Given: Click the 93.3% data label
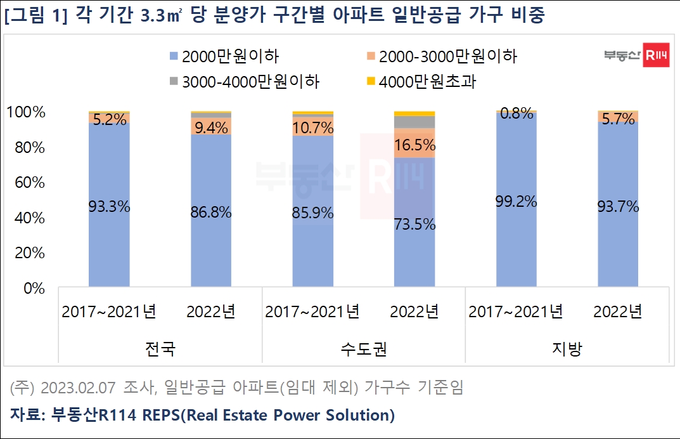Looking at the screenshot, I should point(109,206).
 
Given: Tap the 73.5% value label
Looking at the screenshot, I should point(414,224).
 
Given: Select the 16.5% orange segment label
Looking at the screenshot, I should point(414,145).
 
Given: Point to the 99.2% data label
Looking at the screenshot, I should point(516,202).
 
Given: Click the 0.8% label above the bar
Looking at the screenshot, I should point(516,114).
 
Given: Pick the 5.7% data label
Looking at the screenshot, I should point(618,119).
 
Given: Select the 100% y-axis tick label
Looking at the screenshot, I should point(26,113).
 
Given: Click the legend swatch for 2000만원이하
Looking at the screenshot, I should point(174,57).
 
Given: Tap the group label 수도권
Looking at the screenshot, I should point(364,349).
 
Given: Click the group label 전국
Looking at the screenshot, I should point(160,349).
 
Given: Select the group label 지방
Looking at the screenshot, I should point(567,349).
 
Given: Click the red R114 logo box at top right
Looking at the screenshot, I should point(657,56).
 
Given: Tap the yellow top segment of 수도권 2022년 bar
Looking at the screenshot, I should point(414,114).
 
